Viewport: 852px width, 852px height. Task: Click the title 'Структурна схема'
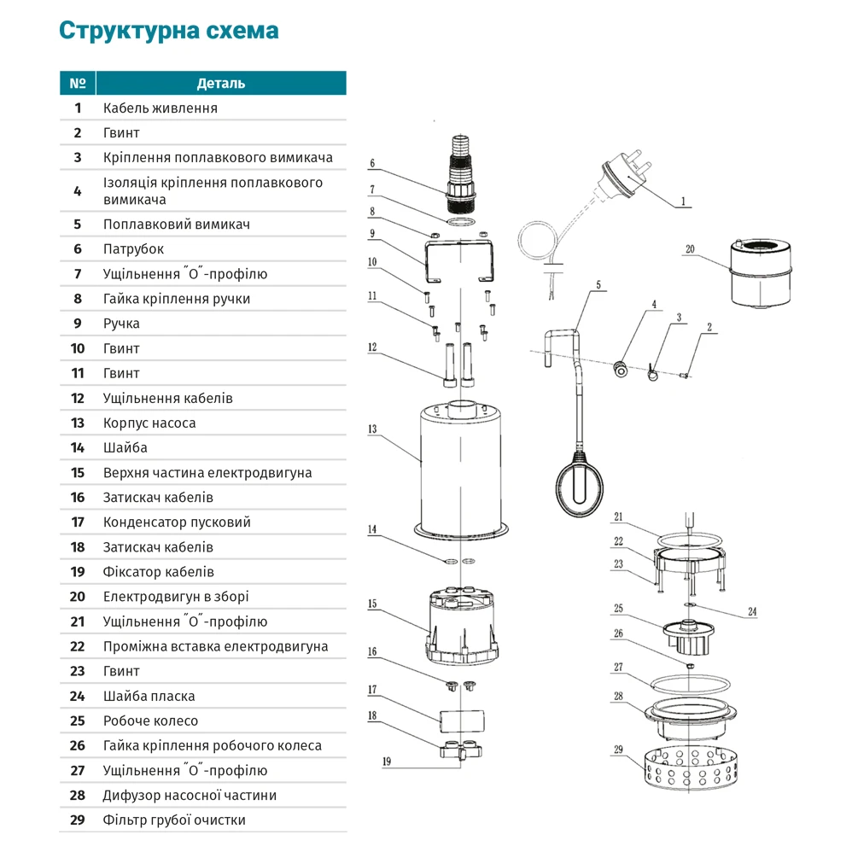pos(168,31)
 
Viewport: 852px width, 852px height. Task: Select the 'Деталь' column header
pos(221,83)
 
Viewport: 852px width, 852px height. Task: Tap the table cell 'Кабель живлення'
pos(160,108)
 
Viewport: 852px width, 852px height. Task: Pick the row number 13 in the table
pos(78,423)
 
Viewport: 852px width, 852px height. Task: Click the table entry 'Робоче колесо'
pos(150,721)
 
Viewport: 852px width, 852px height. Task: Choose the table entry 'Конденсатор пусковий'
pos(177,522)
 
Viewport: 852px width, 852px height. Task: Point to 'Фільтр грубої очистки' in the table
pos(174,820)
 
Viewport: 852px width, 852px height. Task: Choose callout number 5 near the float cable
pos(598,284)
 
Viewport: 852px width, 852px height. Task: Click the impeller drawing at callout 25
pos(690,633)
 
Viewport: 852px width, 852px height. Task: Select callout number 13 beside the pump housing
pos(371,429)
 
